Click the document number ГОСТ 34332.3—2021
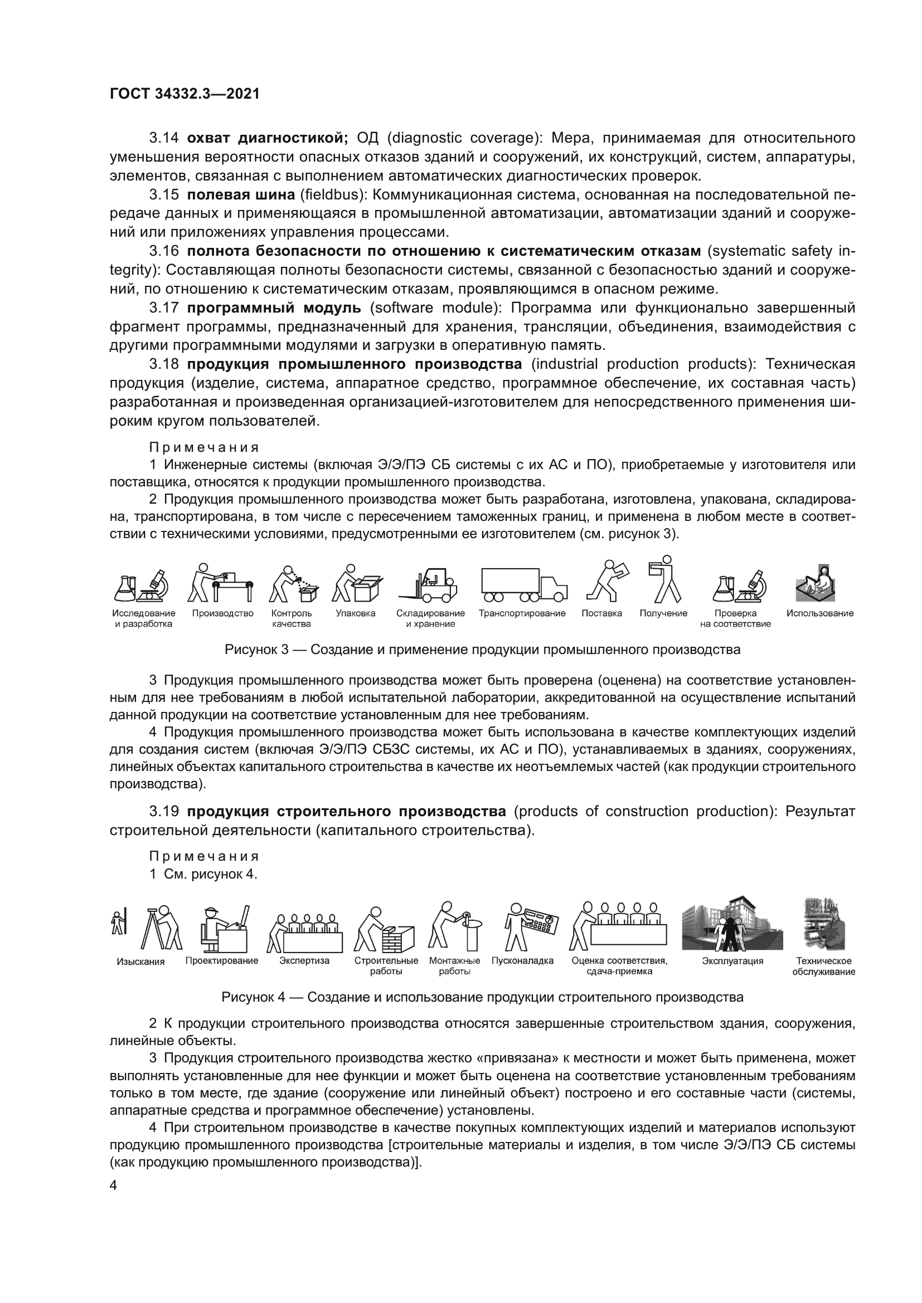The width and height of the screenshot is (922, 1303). coord(185,94)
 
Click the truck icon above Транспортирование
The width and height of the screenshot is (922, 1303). coord(523,584)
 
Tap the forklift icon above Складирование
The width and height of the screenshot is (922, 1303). coord(429,584)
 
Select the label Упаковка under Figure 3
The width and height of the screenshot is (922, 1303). coord(356,613)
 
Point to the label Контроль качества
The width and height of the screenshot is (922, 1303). coord(291,618)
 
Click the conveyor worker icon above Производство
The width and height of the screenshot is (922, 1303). coord(220,583)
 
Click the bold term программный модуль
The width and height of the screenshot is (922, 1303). coord(274,308)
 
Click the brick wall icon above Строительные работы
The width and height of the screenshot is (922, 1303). coord(386,930)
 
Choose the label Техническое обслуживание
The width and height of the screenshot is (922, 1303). coord(823,967)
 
